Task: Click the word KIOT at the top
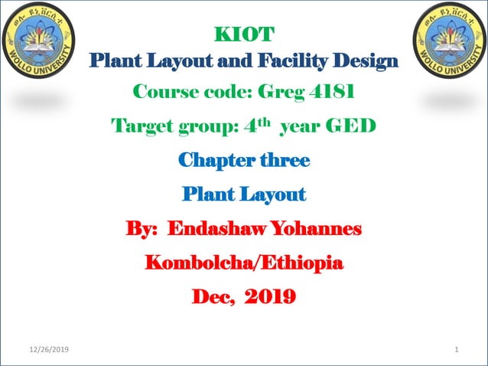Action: point(243,34)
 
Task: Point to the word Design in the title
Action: point(369,60)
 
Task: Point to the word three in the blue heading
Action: point(285,161)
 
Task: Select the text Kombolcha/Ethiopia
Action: point(244,263)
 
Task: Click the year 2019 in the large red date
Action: point(269,297)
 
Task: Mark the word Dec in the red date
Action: point(210,297)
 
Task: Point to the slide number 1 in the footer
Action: point(456,350)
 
